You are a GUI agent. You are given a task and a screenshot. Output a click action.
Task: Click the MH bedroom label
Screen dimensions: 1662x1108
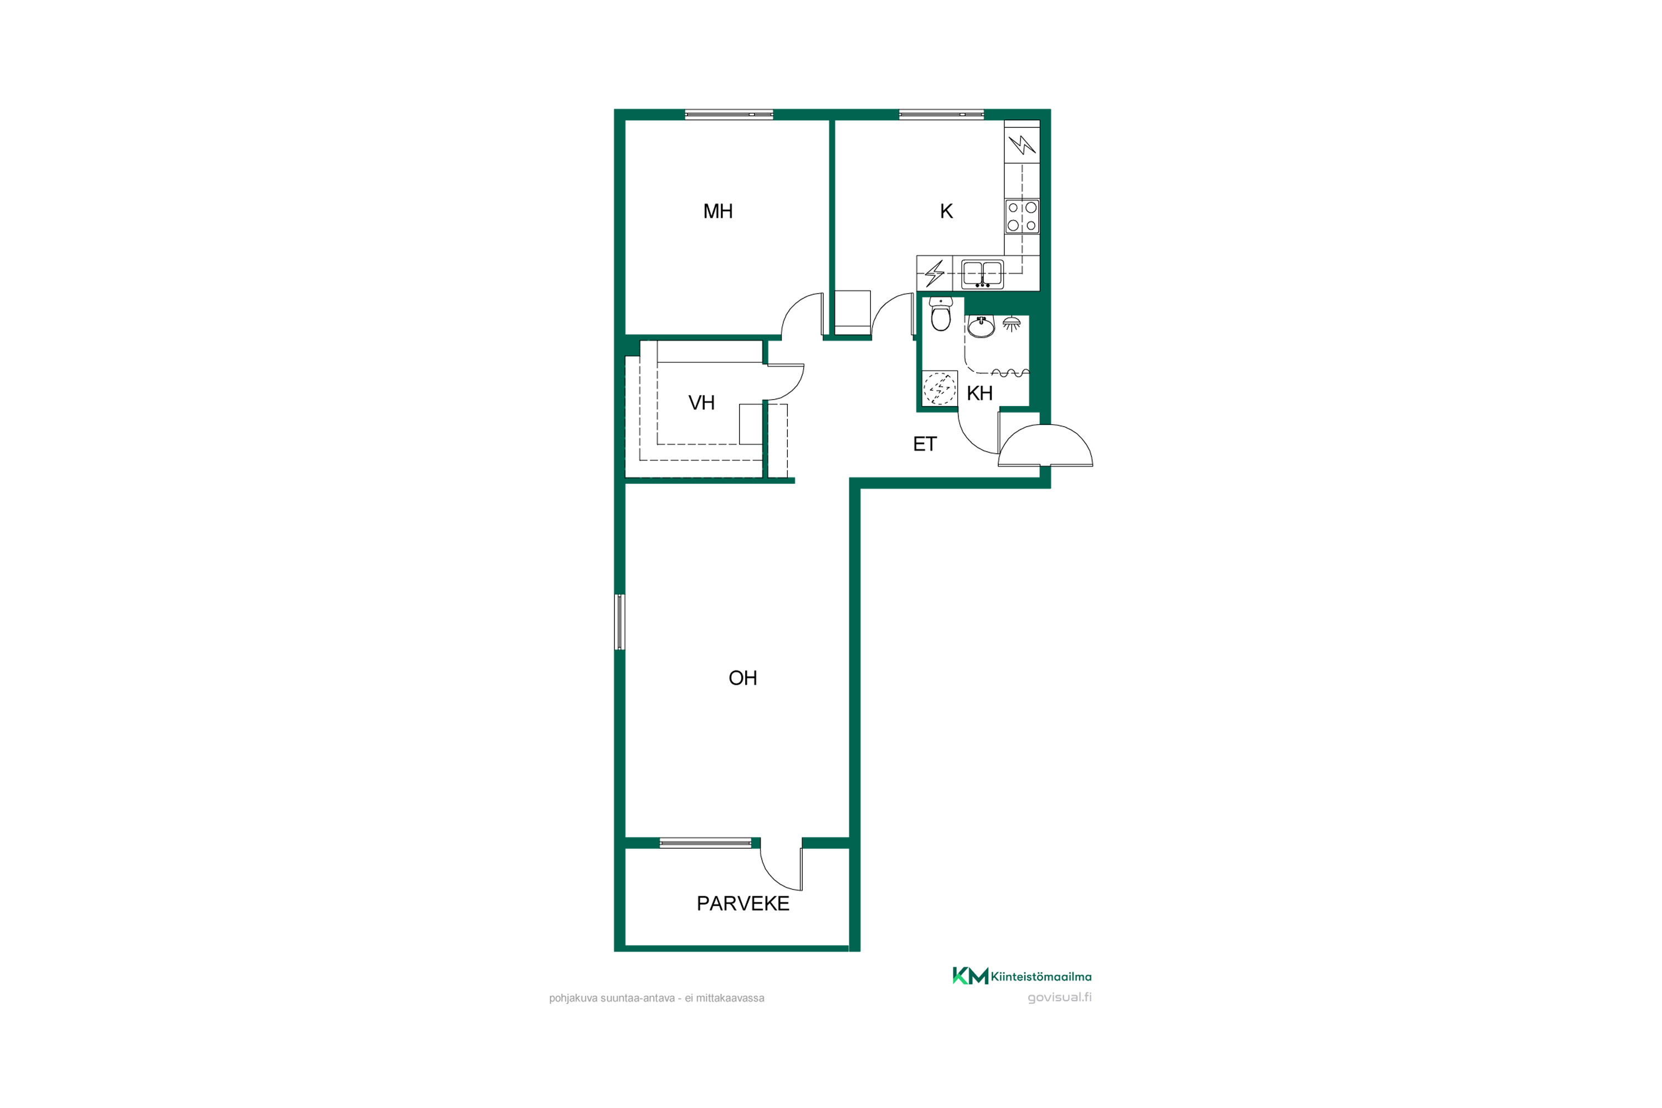point(718,211)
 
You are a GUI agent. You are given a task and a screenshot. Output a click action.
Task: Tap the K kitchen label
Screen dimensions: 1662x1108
point(946,211)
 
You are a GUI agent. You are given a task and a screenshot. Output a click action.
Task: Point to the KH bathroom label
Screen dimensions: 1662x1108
point(979,393)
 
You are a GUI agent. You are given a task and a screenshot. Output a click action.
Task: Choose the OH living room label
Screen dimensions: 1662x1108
point(743,678)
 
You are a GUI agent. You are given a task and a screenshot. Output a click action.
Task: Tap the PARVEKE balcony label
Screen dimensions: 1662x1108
point(743,904)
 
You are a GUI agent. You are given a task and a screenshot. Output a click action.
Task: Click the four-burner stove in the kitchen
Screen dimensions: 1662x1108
point(1022,216)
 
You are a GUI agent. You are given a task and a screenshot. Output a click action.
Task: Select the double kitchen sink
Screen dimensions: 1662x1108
point(982,274)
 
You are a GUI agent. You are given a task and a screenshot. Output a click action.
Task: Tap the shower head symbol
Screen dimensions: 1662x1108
point(1012,324)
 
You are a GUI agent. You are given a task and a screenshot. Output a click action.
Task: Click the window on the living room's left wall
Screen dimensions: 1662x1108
point(620,622)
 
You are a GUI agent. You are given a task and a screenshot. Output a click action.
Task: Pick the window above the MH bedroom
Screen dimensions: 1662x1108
point(729,115)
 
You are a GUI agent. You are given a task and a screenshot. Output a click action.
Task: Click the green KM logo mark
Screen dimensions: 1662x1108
point(970,976)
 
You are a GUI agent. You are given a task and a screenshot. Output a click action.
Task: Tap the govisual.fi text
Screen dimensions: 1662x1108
point(1059,998)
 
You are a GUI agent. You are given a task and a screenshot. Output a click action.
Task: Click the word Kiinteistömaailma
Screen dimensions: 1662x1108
point(1041,977)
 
